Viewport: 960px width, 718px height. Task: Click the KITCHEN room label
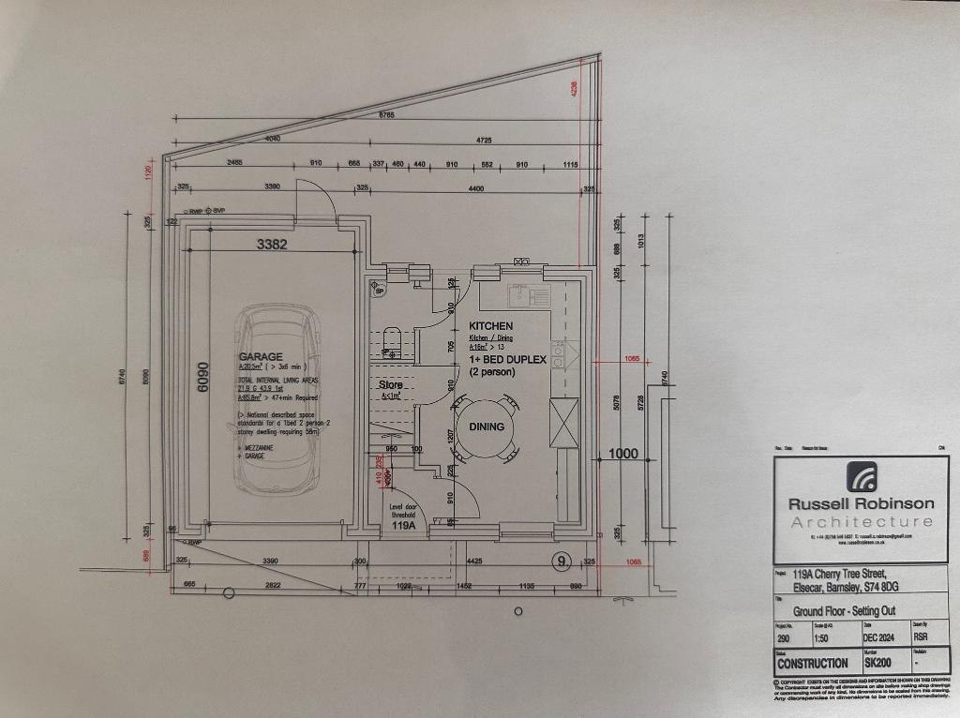(x=491, y=326)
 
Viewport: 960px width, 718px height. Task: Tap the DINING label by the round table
(x=487, y=426)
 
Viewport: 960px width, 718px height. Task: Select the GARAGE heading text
(x=261, y=357)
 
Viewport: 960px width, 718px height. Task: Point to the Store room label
(x=390, y=385)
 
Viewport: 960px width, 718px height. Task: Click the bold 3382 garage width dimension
(x=272, y=244)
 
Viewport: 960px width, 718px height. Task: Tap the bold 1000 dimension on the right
(x=623, y=454)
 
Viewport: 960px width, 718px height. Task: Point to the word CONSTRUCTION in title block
(x=812, y=663)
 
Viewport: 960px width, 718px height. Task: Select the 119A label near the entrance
(x=404, y=528)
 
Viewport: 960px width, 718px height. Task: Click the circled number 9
(x=562, y=561)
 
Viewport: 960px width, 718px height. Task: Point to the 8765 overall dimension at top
(x=386, y=115)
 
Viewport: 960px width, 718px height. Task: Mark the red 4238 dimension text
(x=574, y=89)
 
